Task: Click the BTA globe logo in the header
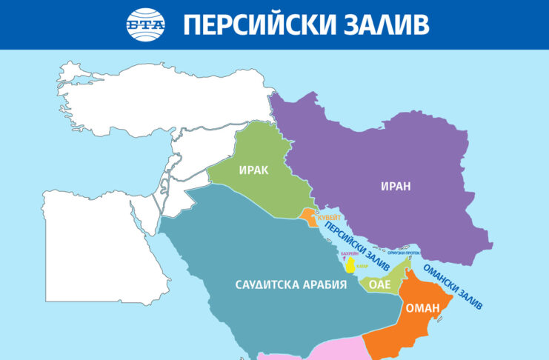point(146,24)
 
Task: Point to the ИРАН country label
point(396,187)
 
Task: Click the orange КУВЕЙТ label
point(330,219)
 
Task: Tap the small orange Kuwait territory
point(309,216)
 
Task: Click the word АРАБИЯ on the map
point(327,284)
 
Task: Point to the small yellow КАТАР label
point(362,265)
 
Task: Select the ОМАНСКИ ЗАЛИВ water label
point(452,285)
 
